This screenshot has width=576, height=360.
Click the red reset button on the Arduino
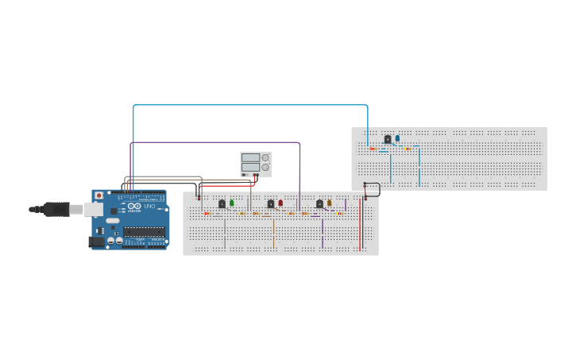(99, 195)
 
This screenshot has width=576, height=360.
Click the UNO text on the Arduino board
(149, 207)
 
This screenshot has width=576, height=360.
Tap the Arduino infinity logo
(133, 207)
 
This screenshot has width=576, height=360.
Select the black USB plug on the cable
(56, 209)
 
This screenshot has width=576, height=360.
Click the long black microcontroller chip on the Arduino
(144, 232)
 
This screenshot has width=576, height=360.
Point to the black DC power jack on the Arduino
(96, 241)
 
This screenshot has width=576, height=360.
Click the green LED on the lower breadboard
(232, 203)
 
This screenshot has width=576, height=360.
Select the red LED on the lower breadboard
(280, 203)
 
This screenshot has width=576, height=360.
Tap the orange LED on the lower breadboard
(330, 203)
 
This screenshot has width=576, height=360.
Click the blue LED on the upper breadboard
(397, 137)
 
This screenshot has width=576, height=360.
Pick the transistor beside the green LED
(222, 203)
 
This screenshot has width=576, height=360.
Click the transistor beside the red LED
(270, 203)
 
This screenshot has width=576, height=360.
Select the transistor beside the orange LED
(319, 203)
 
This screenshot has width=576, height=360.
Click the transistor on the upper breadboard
(387, 138)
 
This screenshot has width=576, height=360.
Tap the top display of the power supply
(250, 158)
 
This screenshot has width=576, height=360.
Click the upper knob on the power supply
(265, 158)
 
